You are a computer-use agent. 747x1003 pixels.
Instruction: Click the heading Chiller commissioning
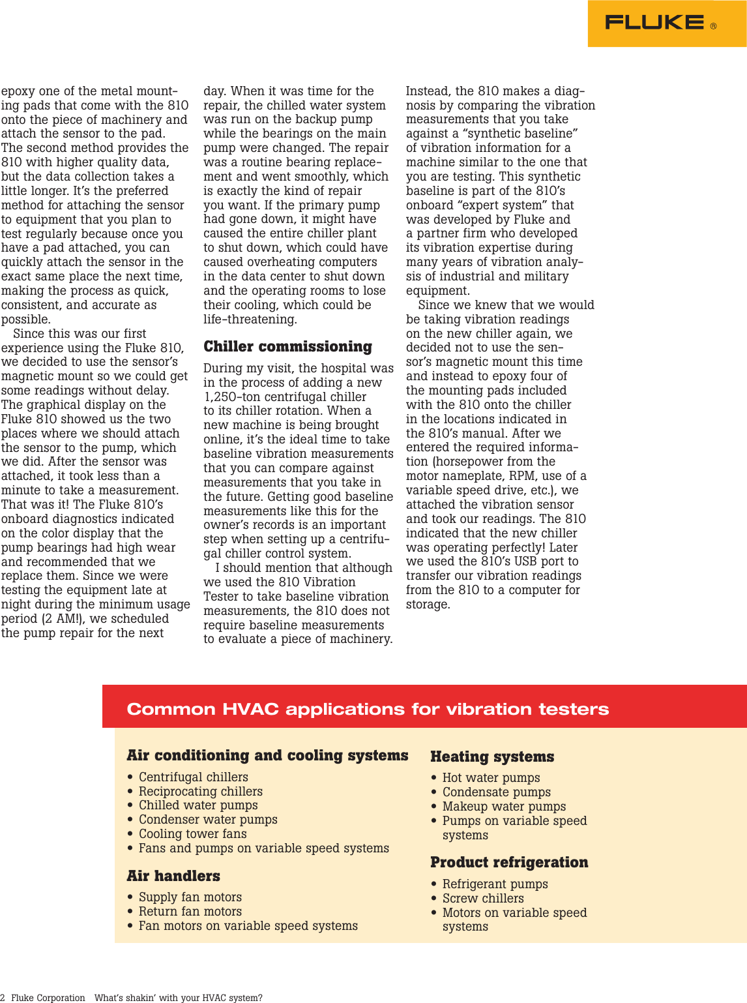point(287,346)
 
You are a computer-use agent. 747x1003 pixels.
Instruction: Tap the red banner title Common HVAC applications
point(368,709)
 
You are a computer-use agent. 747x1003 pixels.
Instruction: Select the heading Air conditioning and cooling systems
point(267,755)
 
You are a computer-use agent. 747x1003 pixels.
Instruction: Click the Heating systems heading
point(492,756)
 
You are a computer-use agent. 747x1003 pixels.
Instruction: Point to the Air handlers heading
point(173,876)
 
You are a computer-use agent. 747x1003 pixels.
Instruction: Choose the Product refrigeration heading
point(509,862)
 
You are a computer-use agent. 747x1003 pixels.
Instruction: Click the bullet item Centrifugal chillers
point(193,777)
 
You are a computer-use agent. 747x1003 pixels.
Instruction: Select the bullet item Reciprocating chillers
point(200,791)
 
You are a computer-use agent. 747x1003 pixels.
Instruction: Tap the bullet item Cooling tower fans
point(192,833)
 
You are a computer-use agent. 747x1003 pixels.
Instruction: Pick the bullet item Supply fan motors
point(190,897)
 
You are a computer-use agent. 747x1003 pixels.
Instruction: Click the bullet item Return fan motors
point(190,911)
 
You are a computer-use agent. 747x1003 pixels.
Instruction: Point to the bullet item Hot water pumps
point(491,777)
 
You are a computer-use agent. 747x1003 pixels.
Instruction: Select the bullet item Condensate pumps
point(496,792)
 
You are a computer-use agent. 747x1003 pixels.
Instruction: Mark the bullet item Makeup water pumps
point(504,806)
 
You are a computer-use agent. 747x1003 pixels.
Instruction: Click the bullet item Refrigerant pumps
point(495,884)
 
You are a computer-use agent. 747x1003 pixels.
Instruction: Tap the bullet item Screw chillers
point(482,898)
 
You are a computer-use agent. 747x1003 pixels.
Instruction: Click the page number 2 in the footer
point(3,998)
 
